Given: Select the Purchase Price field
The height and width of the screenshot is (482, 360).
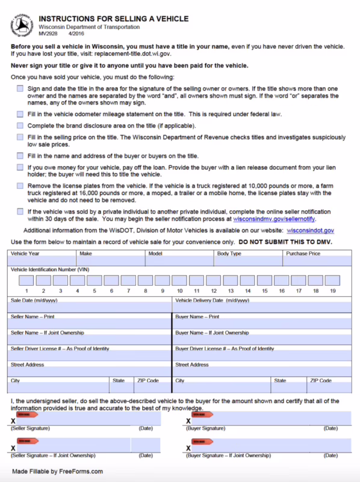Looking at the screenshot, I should pos(317,261).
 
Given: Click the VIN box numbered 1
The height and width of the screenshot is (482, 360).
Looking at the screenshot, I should pos(26,280).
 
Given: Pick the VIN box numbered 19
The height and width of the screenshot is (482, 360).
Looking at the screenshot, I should pos(332,280).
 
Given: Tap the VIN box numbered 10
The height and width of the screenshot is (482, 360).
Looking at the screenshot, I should pos(179,280).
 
